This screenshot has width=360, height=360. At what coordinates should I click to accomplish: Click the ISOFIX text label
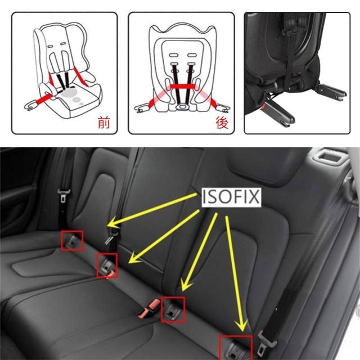coord(231,197)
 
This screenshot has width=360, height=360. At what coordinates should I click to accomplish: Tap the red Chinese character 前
coord(103,123)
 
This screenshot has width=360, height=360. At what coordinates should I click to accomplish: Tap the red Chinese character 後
coord(222,123)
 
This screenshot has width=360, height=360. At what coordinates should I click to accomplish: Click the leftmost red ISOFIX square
coord(72,241)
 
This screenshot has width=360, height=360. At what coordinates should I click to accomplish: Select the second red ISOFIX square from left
coord(107,265)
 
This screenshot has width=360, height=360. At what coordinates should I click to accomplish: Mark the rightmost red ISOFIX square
coord(236,348)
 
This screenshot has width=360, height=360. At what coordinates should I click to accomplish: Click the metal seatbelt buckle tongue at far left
coord(64,196)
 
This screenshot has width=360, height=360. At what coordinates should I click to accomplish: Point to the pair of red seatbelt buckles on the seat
coord(150,308)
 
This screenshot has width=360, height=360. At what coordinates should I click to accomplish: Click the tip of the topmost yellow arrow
coord(108,224)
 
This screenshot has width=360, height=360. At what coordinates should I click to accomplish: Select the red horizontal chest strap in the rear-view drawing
coord(182,86)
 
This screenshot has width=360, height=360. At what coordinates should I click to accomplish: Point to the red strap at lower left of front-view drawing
coord(43,100)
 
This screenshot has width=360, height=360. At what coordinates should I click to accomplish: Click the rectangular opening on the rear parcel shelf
coord(329,157)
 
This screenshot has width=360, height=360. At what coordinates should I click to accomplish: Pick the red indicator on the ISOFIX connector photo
coord(263,107)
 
